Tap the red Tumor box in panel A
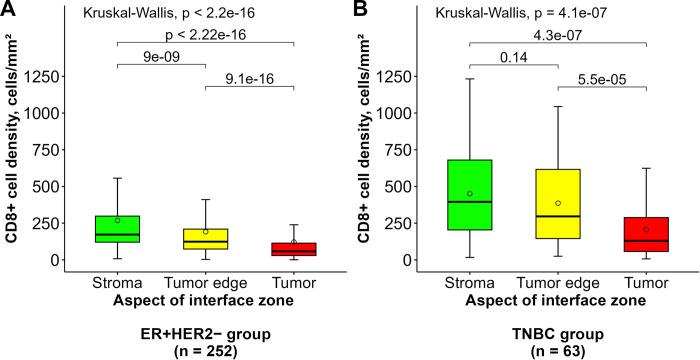(294, 249)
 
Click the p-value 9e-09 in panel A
(161, 56)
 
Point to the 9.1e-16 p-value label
(249, 77)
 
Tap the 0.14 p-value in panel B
(513, 58)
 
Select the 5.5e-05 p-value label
(601, 77)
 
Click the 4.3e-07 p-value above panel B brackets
(557, 35)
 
